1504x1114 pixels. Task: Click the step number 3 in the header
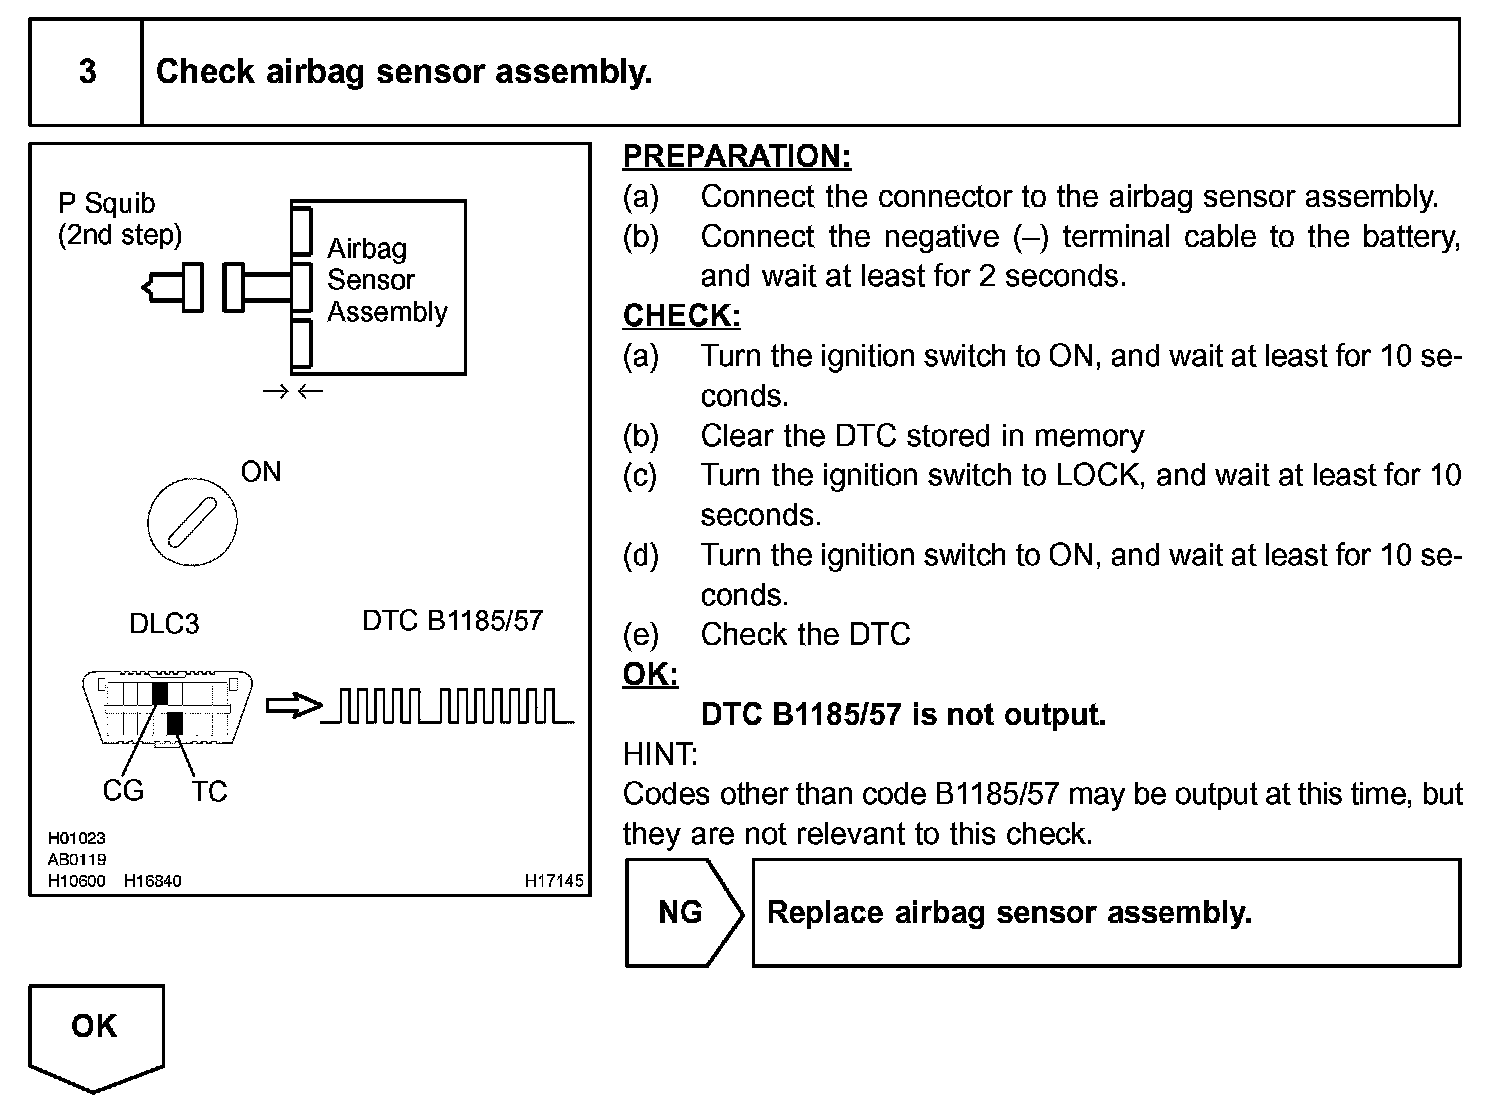(x=87, y=71)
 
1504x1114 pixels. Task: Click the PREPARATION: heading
(x=737, y=156)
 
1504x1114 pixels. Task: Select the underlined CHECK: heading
(x=681, y=315)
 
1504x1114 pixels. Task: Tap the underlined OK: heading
(x=650, y=674)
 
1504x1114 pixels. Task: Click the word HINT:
(x=660, y=754)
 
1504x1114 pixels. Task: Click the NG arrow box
(x=684, y=912)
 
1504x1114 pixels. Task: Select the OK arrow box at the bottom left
(x=96, y=1037)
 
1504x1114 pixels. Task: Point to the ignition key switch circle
(x=193, y=521)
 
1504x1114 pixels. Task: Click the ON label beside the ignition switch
(x=261, y=472)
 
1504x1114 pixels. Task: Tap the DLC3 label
(x=164, y=623)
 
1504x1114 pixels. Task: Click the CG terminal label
(x=123, y=791)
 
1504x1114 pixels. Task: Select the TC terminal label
(x=209, y=791)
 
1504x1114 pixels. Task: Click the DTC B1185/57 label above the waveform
(x=452, y=620)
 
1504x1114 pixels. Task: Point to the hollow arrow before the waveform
(x=294, y=706)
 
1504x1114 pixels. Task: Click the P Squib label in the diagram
(x=106, y=203)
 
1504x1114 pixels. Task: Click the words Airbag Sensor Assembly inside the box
(x=387, y=280)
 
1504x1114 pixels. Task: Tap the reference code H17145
(x=554, y=881)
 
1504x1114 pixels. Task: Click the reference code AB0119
(x=77, y=859)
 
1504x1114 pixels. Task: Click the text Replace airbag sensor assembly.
(x=1009, y=913)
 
